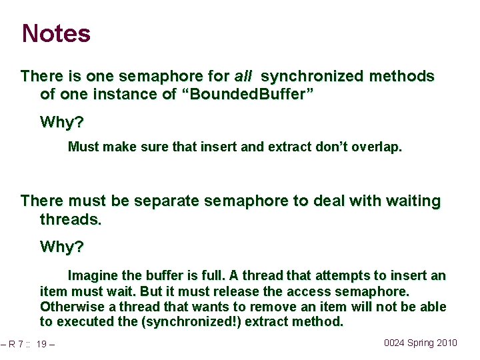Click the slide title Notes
(x=56, y=33)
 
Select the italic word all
(x=243, y=77)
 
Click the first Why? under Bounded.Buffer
(x=62, y=122)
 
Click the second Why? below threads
(x=62, y=247)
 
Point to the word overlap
(x=379, y=147)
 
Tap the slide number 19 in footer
(x=41, y=344)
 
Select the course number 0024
(x=395, y=343)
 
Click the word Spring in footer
(x=420, y=343)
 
